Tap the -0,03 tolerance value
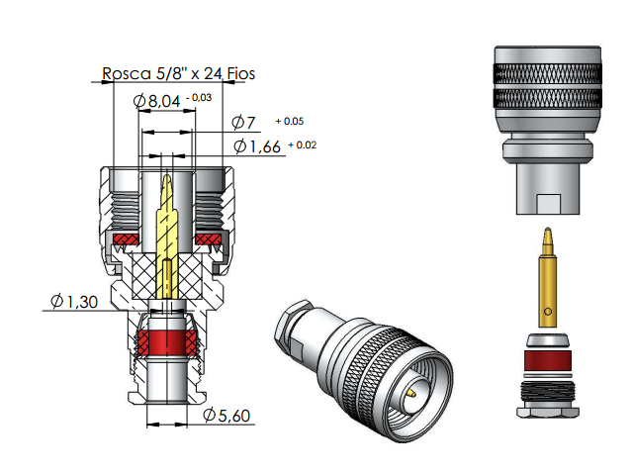200,97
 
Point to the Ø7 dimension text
243,123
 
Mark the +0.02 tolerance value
303,145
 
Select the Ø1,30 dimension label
73,301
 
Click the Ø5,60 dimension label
226,416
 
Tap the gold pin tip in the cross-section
167,184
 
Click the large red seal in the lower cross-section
166,343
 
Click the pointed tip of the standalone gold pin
548,236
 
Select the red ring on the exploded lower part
547,360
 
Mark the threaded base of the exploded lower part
547,400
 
